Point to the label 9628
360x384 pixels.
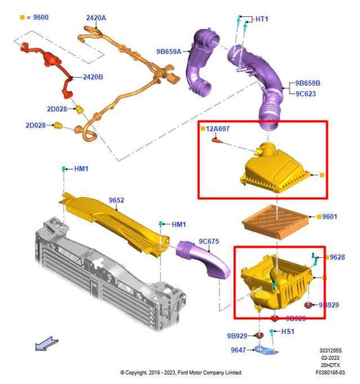pos(337,257)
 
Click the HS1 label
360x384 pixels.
pos(288,332)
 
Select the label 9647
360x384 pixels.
pos(237,350)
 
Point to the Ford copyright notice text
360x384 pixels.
pos(180,373)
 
